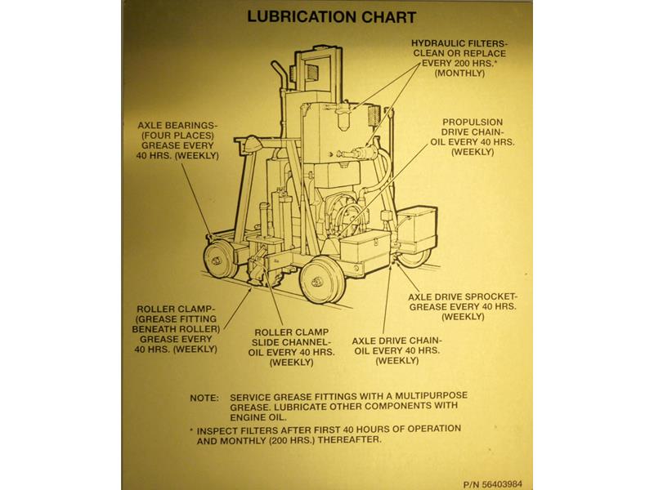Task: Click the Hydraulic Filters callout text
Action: coord(460,56)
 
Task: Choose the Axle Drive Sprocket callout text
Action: coord(468,305)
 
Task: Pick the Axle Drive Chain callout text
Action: coord(397,350)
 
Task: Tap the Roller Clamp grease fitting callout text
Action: coord(178,328)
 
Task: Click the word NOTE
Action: coord(204,398)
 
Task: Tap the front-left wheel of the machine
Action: coord(219,261)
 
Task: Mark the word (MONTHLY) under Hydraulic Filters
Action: coord(460,73)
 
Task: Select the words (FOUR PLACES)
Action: coord(177,136)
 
